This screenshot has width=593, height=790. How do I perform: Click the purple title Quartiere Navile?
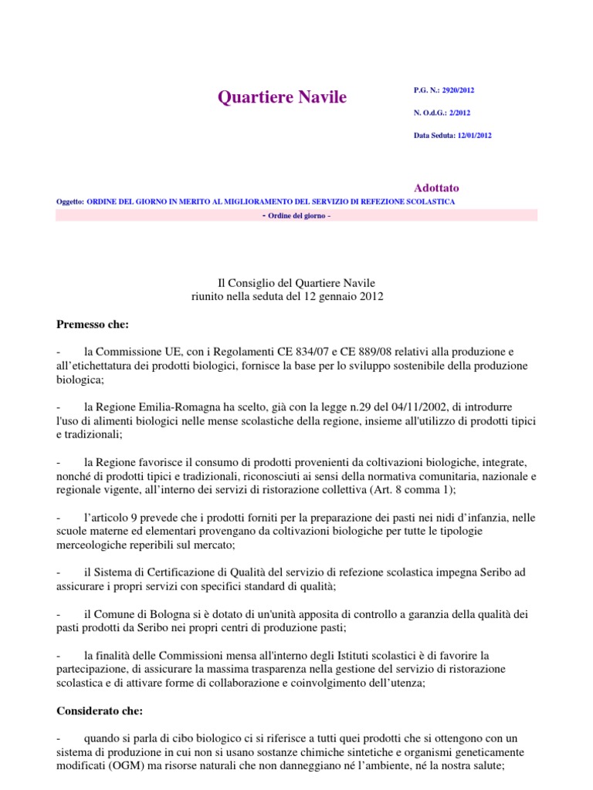click(x=282, y=97)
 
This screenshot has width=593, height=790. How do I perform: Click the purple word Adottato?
click(x=436, y=187)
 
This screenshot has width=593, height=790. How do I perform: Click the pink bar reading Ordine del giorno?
click(x=296, y=215)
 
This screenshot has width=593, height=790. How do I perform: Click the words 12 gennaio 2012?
click(x=341, y=296)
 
